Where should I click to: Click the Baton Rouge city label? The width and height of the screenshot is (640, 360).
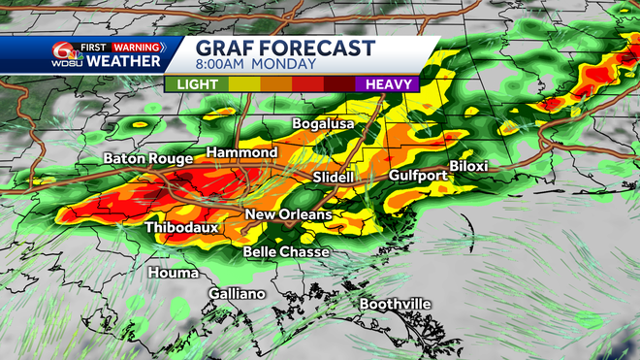147,159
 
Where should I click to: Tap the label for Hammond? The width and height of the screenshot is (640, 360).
242,153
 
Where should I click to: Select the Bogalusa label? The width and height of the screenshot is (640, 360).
324,125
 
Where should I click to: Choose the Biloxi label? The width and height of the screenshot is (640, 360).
468,166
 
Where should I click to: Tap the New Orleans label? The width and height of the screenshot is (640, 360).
288,214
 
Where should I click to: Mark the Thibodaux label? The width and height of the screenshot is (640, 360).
182,228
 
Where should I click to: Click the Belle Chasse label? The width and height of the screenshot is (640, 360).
286,252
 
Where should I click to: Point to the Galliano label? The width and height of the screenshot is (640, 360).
237,294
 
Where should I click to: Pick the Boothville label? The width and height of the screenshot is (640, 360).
395,305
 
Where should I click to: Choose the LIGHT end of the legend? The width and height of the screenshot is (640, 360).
196,84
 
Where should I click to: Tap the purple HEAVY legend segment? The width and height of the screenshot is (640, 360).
390,84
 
